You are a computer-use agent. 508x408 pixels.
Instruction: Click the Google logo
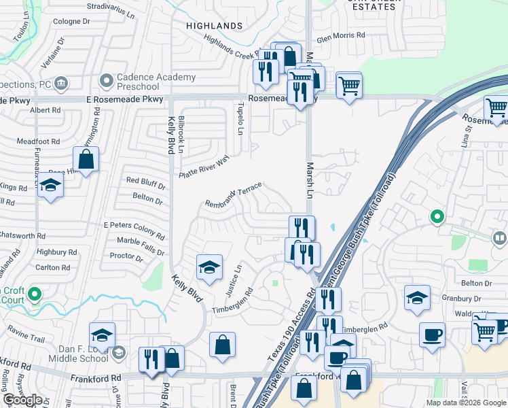click(x=22, y=400)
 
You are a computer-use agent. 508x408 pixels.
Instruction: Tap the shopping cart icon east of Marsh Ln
click(x=349, y=86)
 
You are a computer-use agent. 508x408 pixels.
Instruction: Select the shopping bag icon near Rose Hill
click(x=86, y=160)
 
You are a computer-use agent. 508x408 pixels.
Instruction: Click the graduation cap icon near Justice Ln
click(x=209, y=267)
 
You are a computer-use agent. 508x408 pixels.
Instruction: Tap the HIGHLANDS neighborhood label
click(x=215, y=26)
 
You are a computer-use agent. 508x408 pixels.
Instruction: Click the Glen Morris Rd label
click(x=341, y=35)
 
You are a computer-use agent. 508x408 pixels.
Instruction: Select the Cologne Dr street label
click(x=71, y=22)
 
